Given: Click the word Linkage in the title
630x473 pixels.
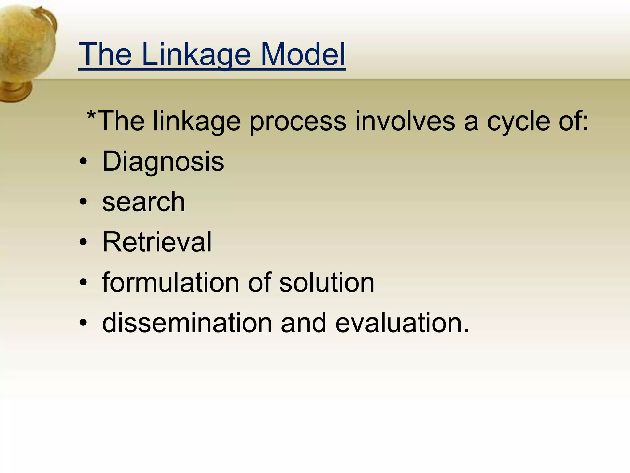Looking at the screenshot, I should pyautogui.click(x=196, y=55).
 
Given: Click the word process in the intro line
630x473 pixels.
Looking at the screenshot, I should pyautogui.click(x=297, y=122).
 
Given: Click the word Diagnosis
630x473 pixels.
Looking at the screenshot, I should pyautogui.click(x=163, y=161).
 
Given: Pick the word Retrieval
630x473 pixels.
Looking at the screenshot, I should pyautogui.click(x=157, y=242).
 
